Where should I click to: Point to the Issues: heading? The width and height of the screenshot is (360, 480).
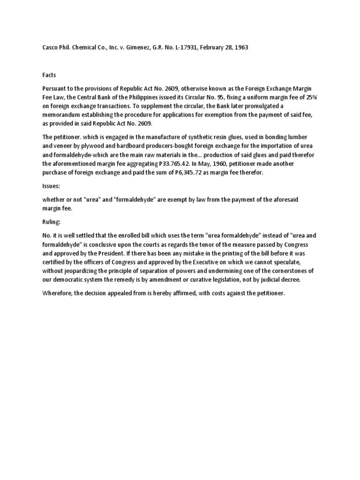pos(51,186)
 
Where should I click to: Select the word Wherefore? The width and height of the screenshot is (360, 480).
pos(57,293)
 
